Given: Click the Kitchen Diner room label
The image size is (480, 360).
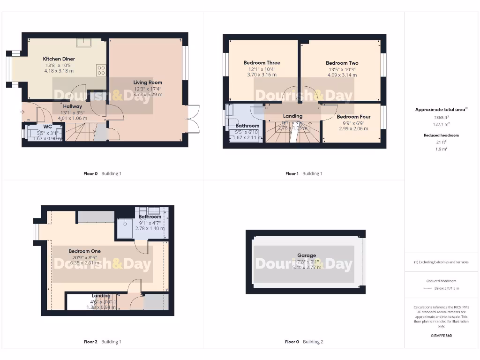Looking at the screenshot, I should pyautogui.click(x=59, y=59).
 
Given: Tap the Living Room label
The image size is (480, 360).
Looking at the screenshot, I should pyautogui.click(x=148, y=82).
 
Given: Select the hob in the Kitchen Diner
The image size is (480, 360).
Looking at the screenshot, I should pyautogui.click(x=101, y=70).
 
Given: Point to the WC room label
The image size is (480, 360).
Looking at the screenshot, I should pyautogui.click(x=48, y=127).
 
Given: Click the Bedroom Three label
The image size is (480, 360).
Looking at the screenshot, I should pyautogui.click(x=262, y=63).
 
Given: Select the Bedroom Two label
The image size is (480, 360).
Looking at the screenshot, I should pyautogui.click(x=342, y=63).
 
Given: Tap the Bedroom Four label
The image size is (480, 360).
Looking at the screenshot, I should pyautogui.click(x=354, y=117).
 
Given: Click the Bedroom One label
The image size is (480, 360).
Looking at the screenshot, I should pyautogui.click(x=85, y=251).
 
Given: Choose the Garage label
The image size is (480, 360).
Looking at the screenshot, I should pyautogui.click(x=307, y=255).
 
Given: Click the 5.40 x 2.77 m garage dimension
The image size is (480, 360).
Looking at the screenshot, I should pyautogui.click(x=307, y=267).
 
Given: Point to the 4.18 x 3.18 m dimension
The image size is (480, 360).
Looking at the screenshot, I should pyautogui.click(x=59, y=71).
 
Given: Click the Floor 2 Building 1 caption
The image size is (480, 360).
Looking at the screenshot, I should pyautogui.click(x=102, y=342).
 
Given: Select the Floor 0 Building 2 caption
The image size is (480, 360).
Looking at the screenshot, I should pyautogui.click(x=304, y=342).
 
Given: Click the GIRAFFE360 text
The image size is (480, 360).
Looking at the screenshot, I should pyautogui.click(x=442, y=336).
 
